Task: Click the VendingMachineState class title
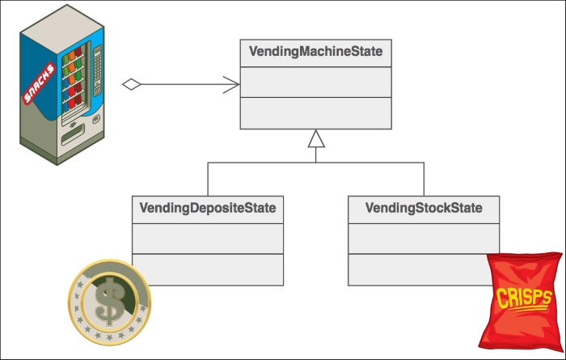click(315, 51)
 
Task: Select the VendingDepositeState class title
click(208, 208)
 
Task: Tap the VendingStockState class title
click(424, 208)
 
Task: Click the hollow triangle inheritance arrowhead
click(316, 138)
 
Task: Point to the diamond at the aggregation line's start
click(131, 84)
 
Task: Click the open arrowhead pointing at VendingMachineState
click(231, 85)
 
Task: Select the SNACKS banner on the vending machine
click(39, 83)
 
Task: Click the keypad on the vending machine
click(98, 70)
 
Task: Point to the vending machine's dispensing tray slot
click(74, 134)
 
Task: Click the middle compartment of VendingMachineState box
click(316, 83)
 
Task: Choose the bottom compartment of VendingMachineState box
click(316, 113)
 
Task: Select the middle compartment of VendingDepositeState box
click(208, 239)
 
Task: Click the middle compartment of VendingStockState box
click(424, 239)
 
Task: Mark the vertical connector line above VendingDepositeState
click(208, 179)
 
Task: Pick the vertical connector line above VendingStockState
click(424, 179)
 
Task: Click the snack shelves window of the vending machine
click(74, 85)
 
